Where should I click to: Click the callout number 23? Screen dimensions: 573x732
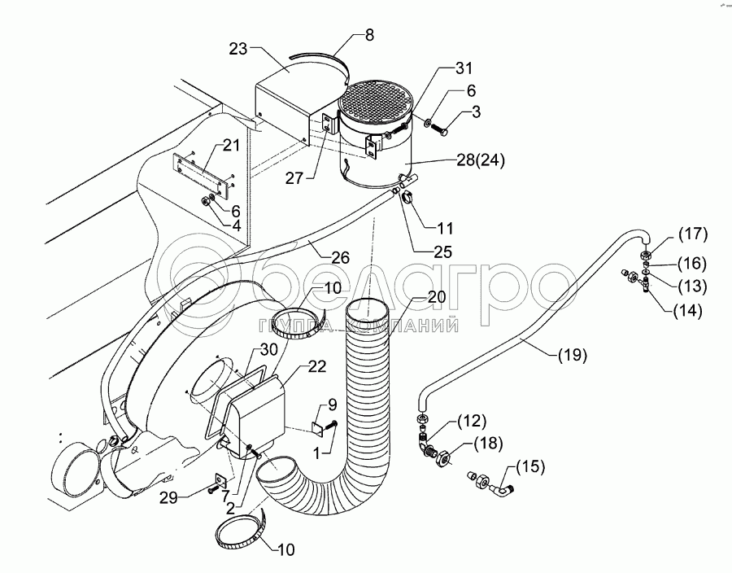(x=237, y=48)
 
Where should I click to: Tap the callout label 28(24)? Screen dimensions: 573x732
(x=480, y=160)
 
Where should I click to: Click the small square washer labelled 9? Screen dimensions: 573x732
(x=317, y=426)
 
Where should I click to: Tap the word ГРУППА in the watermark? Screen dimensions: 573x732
(x=290, y=326)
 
